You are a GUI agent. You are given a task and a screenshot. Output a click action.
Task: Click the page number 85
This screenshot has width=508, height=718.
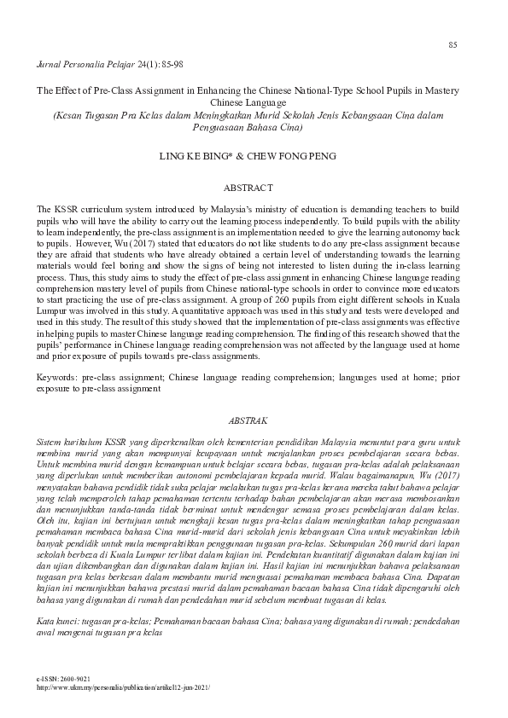pos(453,44)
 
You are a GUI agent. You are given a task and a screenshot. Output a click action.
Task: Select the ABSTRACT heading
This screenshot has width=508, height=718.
pos(248,188)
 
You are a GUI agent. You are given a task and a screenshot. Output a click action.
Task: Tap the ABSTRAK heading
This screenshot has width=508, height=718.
pos(249,421)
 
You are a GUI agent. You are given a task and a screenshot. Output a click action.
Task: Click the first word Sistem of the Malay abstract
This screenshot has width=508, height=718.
pos(51,443)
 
